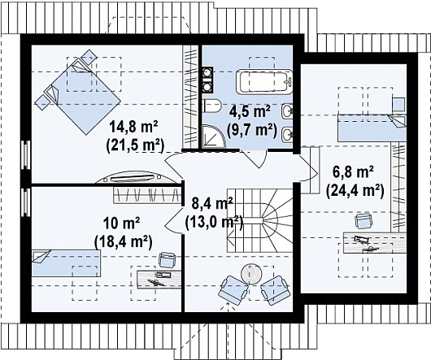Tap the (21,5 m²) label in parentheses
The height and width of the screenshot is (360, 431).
pos(135,145)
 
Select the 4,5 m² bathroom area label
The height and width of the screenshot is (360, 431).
pos(250,111)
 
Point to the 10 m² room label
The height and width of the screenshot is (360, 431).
pos(121,223)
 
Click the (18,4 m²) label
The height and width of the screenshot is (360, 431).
pos(123,241)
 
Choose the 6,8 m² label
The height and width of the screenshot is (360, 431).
pos(353,172)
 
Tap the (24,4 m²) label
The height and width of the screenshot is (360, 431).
pos(355,190)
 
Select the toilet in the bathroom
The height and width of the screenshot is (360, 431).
pos(211,106)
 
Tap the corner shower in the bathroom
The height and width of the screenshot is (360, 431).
pos(213,137)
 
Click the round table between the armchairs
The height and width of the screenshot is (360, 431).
pos(251,274)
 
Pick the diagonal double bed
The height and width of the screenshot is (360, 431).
pos(78,93)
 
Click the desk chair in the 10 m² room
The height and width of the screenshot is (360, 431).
pos(168,259)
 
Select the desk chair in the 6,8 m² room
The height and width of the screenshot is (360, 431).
pos(364,220)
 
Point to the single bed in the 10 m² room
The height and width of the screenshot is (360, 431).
pos(66,263)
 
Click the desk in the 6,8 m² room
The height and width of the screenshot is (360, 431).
pos(375,243)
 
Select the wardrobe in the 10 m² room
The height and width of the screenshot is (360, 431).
pos(148,195)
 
